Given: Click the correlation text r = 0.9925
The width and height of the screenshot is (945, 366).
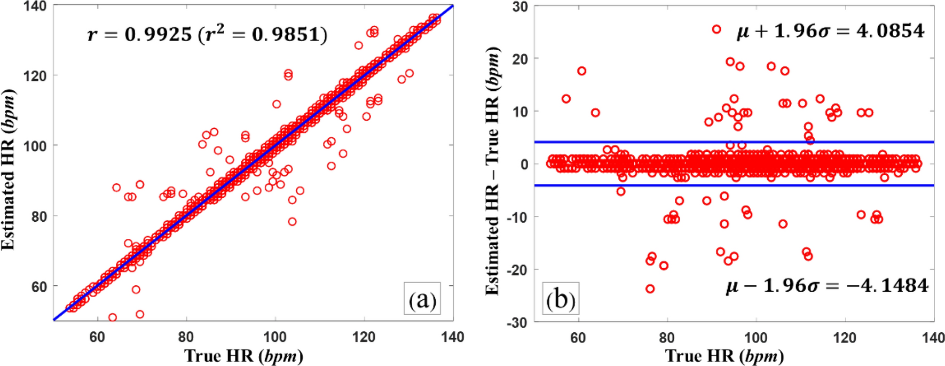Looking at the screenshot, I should point(207,35).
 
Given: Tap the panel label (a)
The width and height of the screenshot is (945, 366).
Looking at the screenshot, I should point(422,300).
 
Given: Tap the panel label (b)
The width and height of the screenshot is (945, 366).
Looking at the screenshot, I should point(560,300).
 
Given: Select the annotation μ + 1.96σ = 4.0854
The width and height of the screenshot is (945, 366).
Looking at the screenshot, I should point(830,31).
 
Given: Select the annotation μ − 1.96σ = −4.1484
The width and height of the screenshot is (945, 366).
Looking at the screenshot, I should point(827,286).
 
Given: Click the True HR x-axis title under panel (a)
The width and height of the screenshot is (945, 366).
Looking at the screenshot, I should point(243,355).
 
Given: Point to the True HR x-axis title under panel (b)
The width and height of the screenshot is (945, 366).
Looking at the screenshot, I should point(724,355).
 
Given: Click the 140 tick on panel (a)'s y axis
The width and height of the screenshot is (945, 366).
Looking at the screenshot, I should point(35,6).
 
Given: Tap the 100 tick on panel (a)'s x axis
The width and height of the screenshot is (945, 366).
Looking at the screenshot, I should point(274,337).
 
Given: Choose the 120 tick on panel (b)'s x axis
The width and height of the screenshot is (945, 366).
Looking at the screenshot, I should point(845,337).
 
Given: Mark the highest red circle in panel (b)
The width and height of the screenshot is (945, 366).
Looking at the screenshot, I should point(716,29).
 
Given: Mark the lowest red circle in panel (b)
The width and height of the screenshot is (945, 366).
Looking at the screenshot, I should point(650,289).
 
